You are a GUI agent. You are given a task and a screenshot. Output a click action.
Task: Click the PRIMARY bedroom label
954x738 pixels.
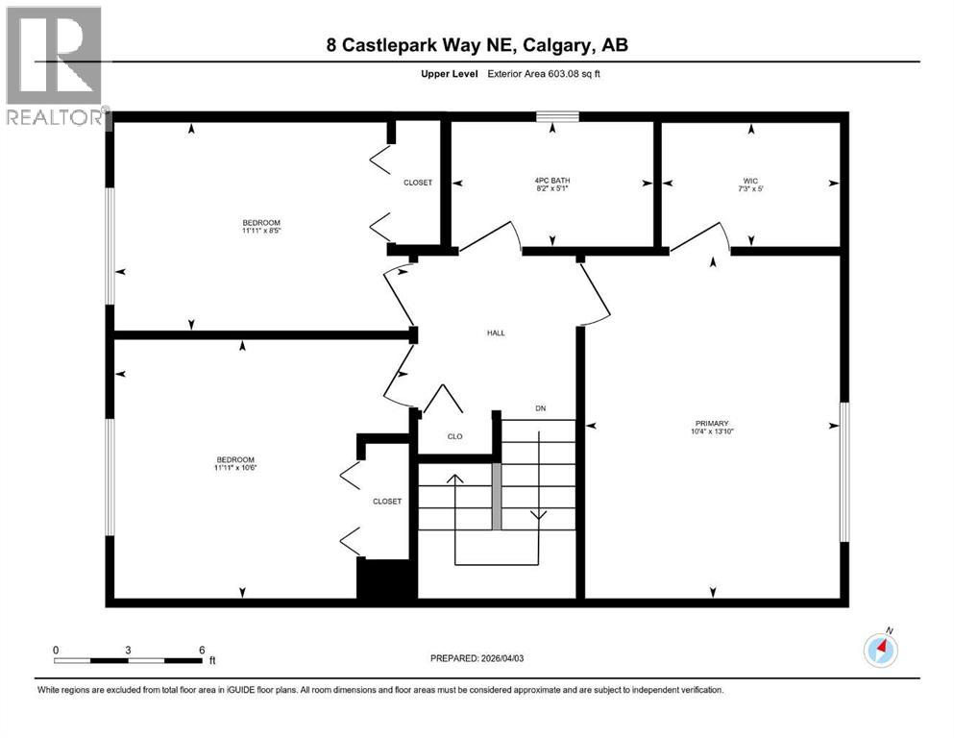pyautogui.click(x=713, y=423)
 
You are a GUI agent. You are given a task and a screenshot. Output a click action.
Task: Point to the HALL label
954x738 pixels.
pyautogui.click(x=495, y=333)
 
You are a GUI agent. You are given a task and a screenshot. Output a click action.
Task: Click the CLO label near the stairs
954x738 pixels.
pyautogui.click(x=454, y=436)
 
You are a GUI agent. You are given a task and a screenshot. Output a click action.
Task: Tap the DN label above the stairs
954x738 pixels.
pyautogui.click(x=540, y=409)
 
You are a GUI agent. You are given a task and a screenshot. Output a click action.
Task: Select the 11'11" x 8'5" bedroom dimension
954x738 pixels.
pyautogui.click(x=260, y=231)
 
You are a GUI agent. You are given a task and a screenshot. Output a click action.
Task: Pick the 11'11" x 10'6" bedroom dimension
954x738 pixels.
pyautogui.click(x=235, y=468)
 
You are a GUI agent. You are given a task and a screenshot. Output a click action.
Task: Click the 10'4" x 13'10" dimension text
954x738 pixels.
pyautogui.click(x=713, y=431)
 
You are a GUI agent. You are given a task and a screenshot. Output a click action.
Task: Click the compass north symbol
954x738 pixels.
pyautogui.click(x=880, y=650)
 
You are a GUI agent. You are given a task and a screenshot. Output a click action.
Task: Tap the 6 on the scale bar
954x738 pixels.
pyautogui.click(x=202, y=650)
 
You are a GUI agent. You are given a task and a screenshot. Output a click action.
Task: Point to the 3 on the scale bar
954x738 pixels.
pyautogui.click(x=128, y=650)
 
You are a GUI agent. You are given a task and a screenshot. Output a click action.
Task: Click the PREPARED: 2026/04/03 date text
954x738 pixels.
pyautogui.click(x=477, y=658)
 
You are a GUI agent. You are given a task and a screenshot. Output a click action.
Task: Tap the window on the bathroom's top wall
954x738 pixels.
pyautogui.click(x=557, y=117)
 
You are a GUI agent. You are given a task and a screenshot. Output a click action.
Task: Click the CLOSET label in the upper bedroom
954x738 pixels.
pyautogui.click(x=418, y=183)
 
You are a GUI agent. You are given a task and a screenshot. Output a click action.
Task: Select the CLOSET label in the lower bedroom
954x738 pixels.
pyautogui.click(x=387, y=501)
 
